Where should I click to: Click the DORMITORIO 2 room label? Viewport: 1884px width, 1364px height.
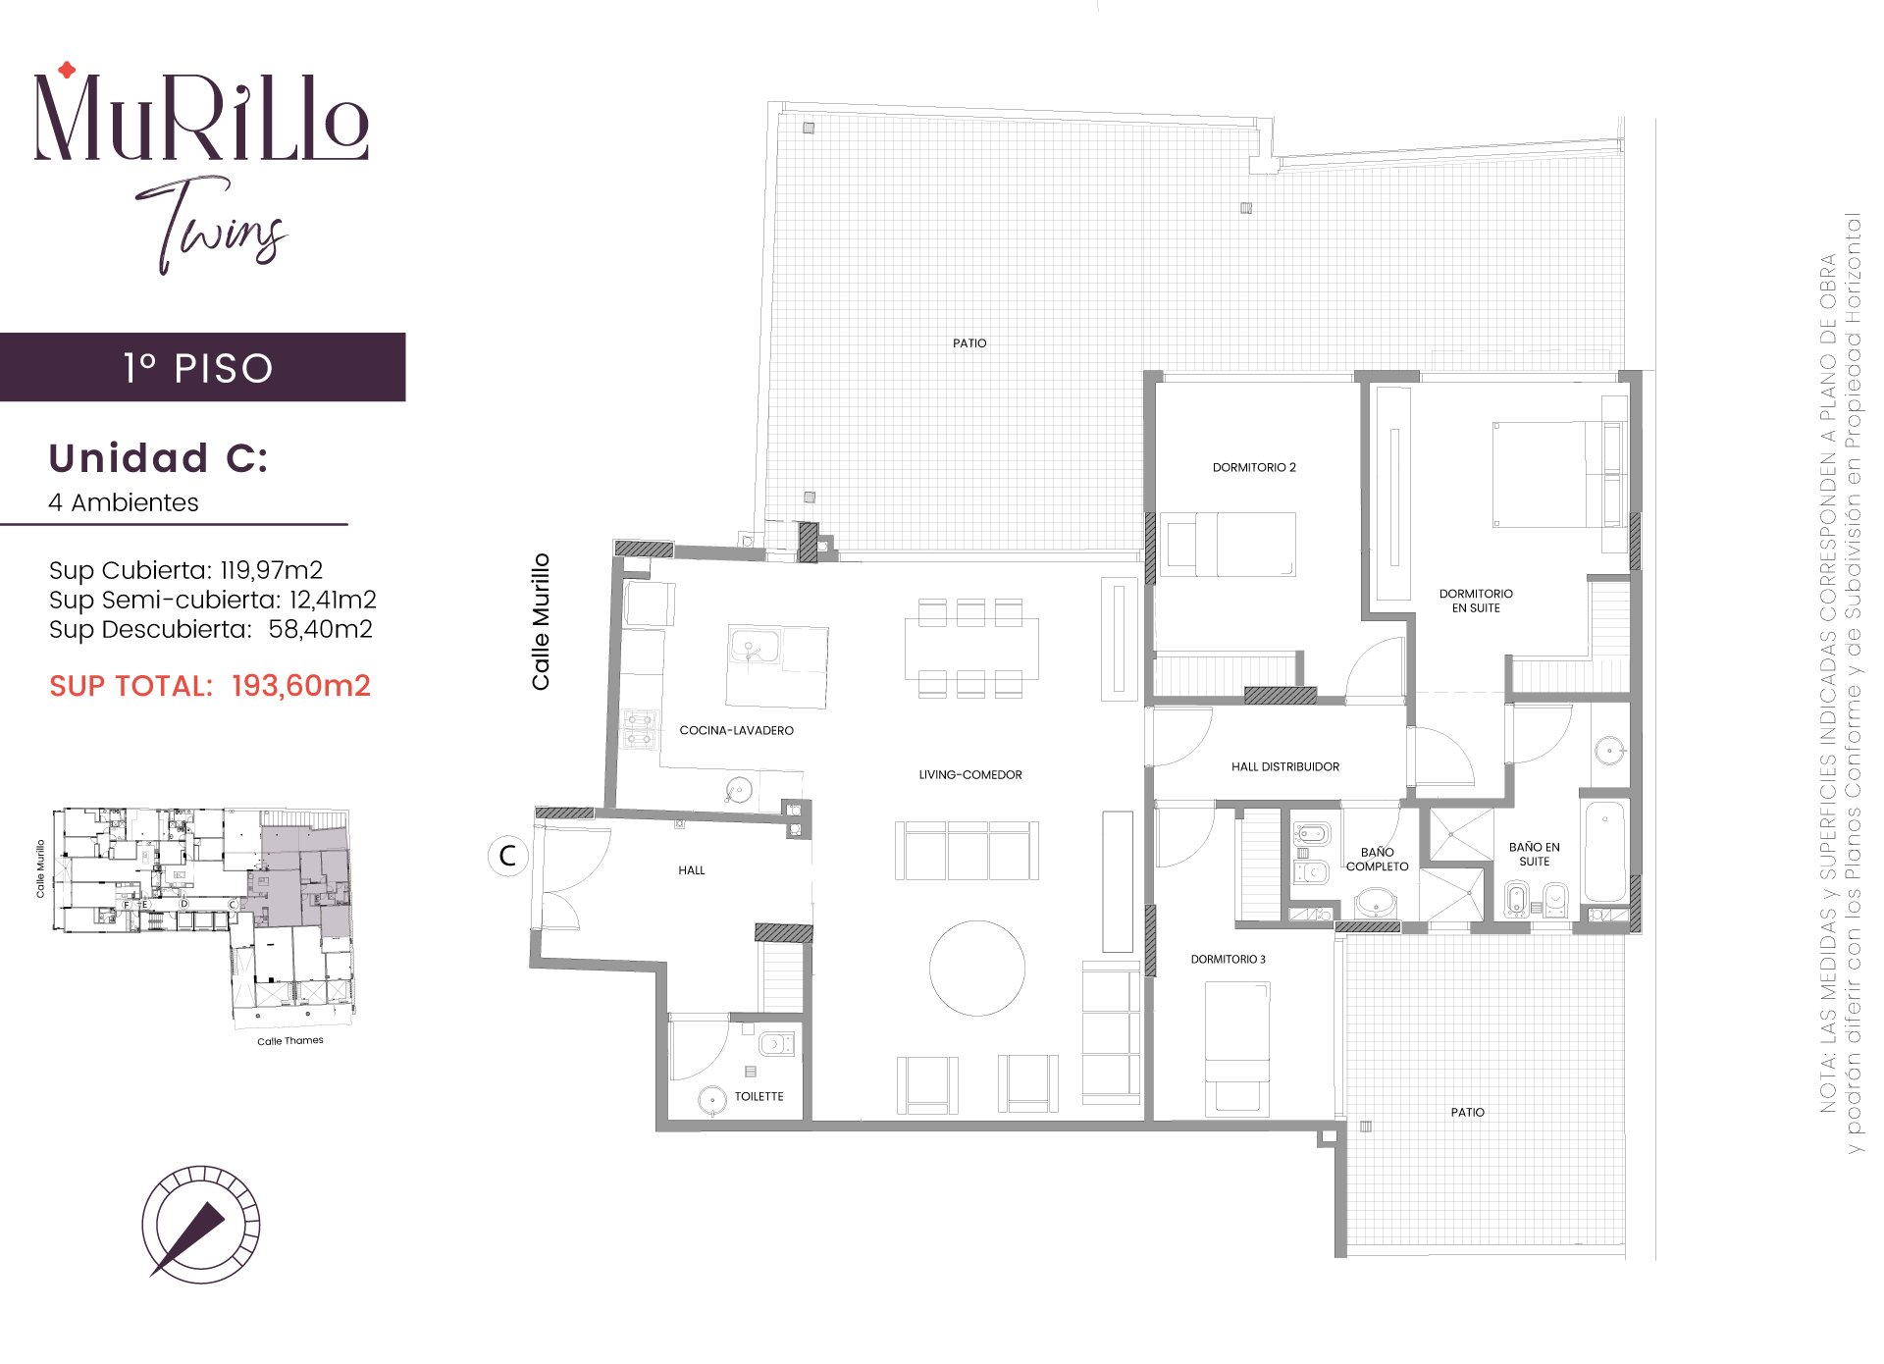[1254, 467]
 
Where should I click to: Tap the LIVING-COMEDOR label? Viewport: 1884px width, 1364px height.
[970, 774]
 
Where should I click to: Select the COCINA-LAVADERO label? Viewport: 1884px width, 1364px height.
[736, 730]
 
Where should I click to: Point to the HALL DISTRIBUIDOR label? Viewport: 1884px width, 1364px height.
[1285, 766]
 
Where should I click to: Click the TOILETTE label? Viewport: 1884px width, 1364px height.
[759, 1096]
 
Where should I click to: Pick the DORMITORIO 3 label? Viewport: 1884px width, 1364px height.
[1229, 959]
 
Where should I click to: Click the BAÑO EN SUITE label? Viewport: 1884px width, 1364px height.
[1535, 854]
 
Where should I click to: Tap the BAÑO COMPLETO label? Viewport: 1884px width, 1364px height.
[1378, 860]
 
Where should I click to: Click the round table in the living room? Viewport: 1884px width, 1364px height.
[977, 969]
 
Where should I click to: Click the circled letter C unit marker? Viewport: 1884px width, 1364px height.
[508, 856]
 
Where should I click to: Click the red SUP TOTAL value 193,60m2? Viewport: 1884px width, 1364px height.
[301, 686]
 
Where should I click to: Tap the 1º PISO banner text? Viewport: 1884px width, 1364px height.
[198, 368]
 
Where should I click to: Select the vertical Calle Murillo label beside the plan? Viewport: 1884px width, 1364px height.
[541, 622]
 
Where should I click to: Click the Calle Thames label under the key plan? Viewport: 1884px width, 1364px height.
[290, 1041]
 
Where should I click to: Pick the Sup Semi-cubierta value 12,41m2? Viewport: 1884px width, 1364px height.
[333, 600]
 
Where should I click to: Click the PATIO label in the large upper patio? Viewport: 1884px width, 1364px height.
[969, 342]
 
